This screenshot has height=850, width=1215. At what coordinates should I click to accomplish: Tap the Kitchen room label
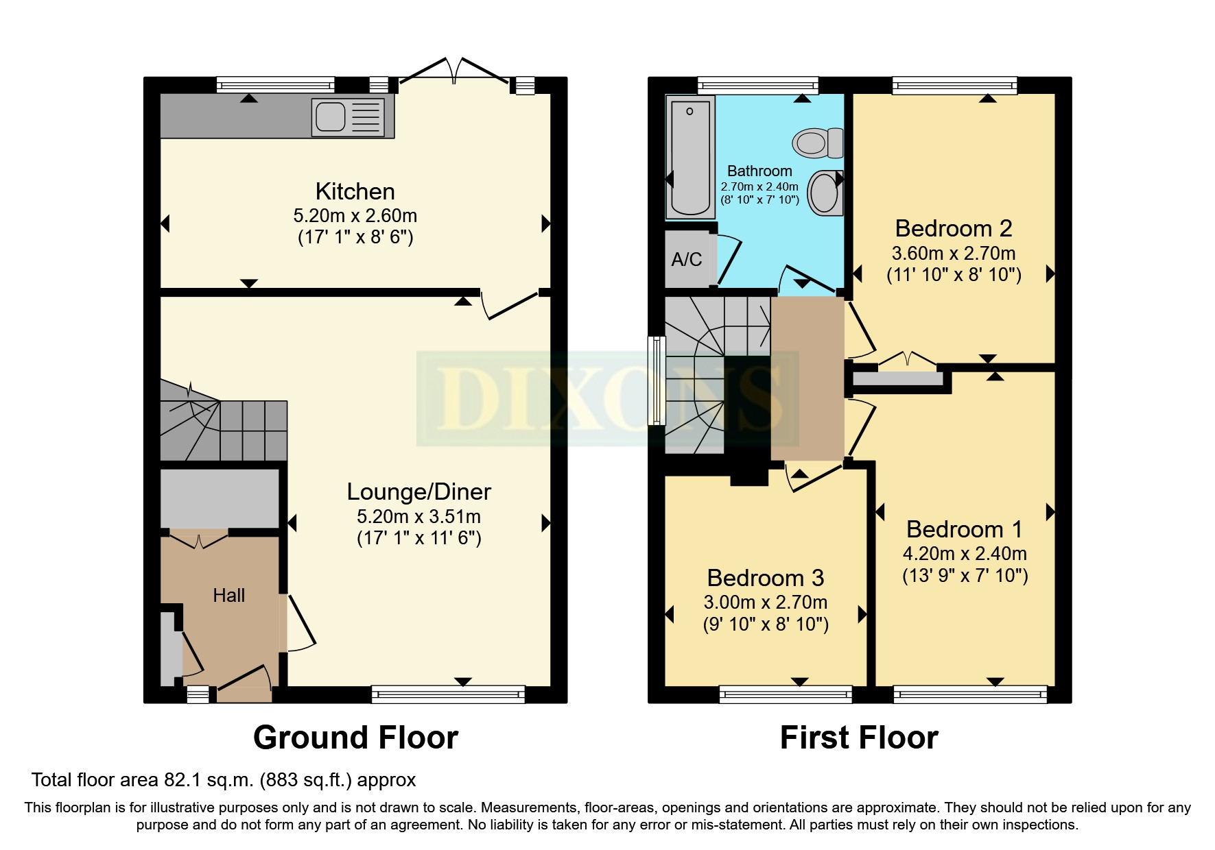[355, 191]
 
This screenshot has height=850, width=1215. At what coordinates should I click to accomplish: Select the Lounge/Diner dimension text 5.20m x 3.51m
[418, 517]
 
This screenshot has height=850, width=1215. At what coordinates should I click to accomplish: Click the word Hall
[228, 595]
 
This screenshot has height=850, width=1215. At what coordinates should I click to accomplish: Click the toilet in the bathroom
[818, 143]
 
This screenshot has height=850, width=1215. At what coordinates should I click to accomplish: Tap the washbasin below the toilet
[824, 193]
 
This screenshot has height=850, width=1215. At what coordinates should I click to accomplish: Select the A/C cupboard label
[686, 260]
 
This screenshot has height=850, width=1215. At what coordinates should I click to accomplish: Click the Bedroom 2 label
[953, 228]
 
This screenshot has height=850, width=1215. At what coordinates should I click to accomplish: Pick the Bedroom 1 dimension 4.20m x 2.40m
[965, 553]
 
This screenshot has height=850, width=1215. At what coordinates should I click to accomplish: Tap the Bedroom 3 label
[765, 578]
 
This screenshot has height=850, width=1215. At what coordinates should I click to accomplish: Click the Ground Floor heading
[355, 738]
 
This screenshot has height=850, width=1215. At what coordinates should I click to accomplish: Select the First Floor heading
[859, 738]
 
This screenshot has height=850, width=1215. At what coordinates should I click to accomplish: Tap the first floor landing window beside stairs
[657, 380]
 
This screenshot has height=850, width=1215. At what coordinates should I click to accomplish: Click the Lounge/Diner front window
[448, 694]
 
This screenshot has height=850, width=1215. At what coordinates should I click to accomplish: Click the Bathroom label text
[759, 171]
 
